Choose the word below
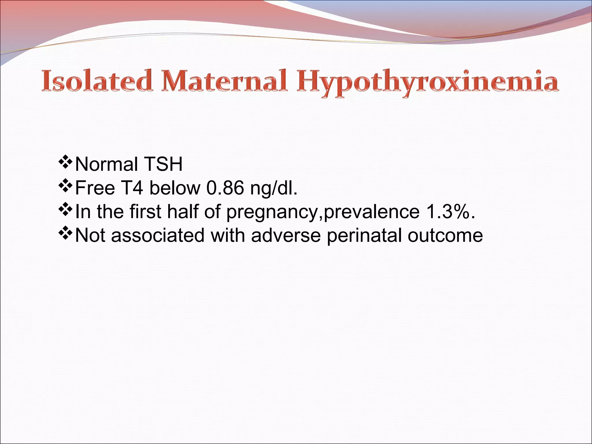pyautogui.click(x=175, y=188)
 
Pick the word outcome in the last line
pyautogui.click(x=445, y=235)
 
